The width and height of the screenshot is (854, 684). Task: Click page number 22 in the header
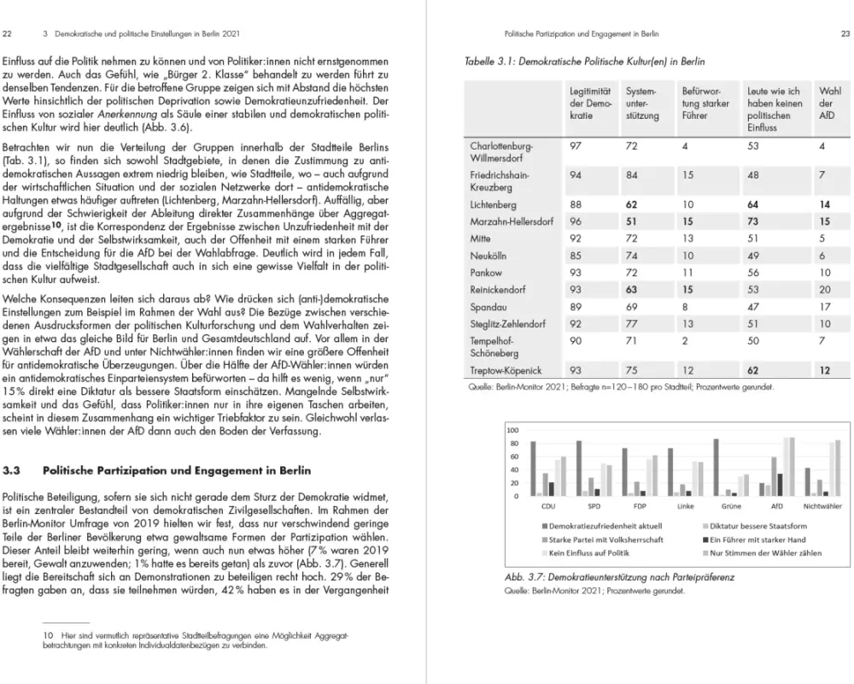(x=8, y=34)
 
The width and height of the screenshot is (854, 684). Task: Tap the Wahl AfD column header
(x=828, y=103)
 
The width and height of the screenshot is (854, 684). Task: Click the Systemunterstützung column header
(x=642, y=103)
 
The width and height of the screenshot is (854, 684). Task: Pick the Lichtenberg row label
(x=494, y=205)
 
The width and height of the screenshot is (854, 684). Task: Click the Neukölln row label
(x=489, y=256)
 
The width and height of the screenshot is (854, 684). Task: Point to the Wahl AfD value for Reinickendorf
(x=824, y=290)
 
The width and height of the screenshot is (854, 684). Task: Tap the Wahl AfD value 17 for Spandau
(x=824, y=307)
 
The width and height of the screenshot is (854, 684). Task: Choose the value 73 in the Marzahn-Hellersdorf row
(x=754, y=222)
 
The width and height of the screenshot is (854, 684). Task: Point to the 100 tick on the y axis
(x=512, y=429)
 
